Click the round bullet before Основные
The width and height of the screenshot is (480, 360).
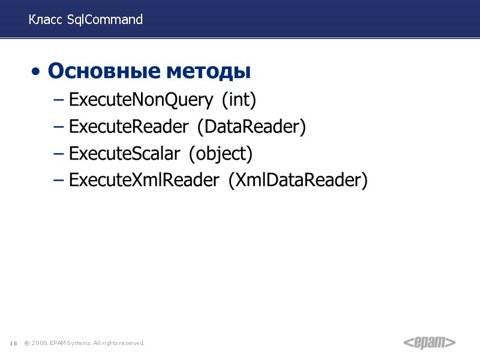37,73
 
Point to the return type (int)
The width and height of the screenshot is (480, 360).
239,100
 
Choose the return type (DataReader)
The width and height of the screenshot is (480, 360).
251,127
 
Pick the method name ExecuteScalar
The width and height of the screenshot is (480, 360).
124,154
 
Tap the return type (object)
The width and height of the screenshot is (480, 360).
221,154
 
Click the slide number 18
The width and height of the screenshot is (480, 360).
13,343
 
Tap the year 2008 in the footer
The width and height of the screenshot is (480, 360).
40,343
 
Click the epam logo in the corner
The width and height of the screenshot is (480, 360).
428,343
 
